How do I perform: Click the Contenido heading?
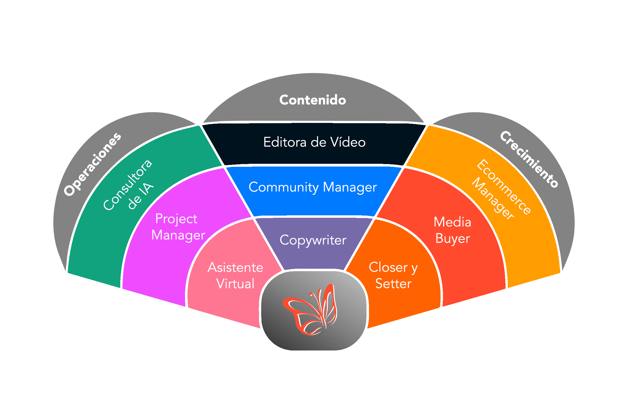(313, 100)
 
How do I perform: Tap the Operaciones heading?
(93, 164)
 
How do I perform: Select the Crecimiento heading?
(529, 160)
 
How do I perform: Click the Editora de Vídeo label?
(314, 142)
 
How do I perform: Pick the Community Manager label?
(313, 187)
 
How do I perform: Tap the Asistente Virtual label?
(235, 276)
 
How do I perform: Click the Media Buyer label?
(452, 230)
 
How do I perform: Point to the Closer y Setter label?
(393, 275)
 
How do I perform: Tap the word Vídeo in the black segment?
(348, 142)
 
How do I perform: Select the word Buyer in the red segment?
(452, 239)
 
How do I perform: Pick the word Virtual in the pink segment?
(235, 284)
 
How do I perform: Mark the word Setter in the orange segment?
(393, 284)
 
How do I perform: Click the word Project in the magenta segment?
(176, 219)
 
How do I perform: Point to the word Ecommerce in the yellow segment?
(504, 187)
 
